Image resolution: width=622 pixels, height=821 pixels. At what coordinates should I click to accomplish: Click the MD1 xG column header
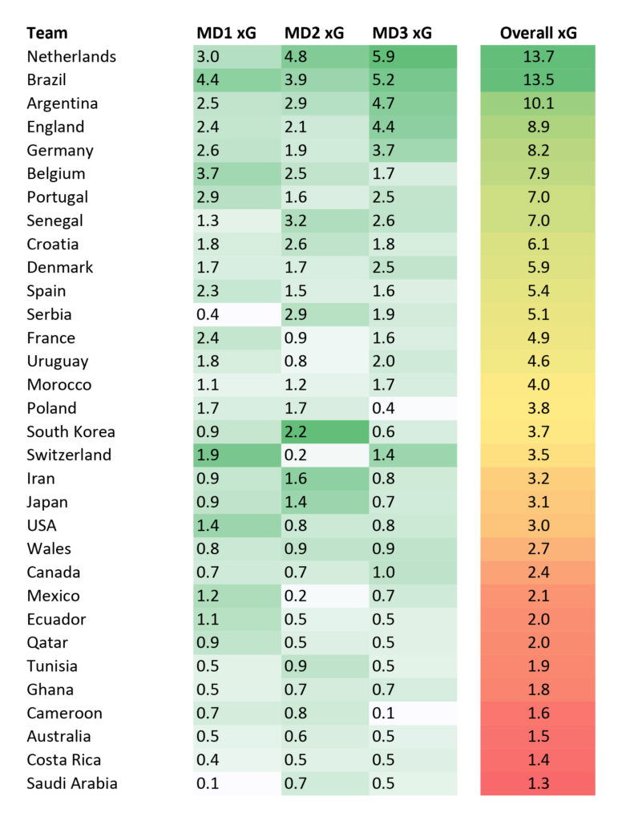226,33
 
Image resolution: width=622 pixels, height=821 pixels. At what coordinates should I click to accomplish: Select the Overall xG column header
538,33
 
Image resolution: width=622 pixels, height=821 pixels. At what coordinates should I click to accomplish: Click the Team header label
46,33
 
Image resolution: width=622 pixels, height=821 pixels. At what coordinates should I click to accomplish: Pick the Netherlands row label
71,57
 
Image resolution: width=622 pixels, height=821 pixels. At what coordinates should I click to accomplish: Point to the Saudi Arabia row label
72,783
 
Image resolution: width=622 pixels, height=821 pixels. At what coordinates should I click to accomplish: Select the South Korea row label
71,431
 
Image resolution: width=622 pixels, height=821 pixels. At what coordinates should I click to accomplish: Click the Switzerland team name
69,455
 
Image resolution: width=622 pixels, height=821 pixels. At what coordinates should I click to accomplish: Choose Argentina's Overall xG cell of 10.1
538,103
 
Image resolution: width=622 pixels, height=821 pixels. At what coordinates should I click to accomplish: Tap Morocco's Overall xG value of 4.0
538,385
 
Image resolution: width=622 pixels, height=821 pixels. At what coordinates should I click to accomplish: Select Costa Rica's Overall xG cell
538,760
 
